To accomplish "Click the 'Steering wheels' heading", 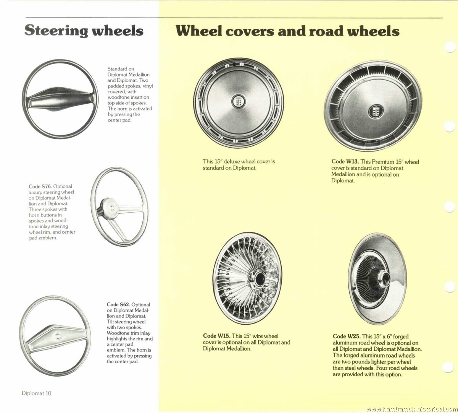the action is (84, 31).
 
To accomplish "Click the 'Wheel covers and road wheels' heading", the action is (287, 31).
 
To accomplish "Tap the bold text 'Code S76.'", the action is (40, 186).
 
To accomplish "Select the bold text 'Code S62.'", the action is (118, 304).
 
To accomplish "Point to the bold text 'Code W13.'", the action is (345, 161).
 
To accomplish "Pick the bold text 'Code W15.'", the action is (217, 336).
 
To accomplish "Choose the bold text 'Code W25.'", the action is (347, 337).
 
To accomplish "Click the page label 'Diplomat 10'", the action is (37, 393).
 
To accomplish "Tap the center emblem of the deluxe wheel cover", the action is (239, 101).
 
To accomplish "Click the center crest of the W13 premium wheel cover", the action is (376, 111).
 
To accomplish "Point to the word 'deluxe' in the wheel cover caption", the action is (232, 161).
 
